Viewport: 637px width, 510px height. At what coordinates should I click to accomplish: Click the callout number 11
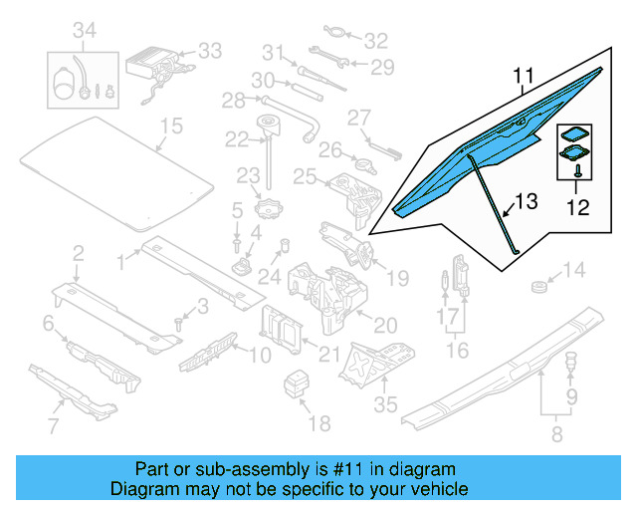point(525,76)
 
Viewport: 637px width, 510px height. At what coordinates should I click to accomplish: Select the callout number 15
point(172,126)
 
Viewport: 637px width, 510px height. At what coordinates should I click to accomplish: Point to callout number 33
point(210,50)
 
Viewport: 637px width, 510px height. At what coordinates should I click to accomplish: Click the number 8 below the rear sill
point(555,433)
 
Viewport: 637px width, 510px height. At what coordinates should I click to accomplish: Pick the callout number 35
point(385,403)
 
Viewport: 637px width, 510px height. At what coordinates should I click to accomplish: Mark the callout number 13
point(527,202)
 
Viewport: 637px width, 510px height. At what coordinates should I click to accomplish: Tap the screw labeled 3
point(178,322)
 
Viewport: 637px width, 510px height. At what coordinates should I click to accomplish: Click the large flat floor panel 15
point(119,164)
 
